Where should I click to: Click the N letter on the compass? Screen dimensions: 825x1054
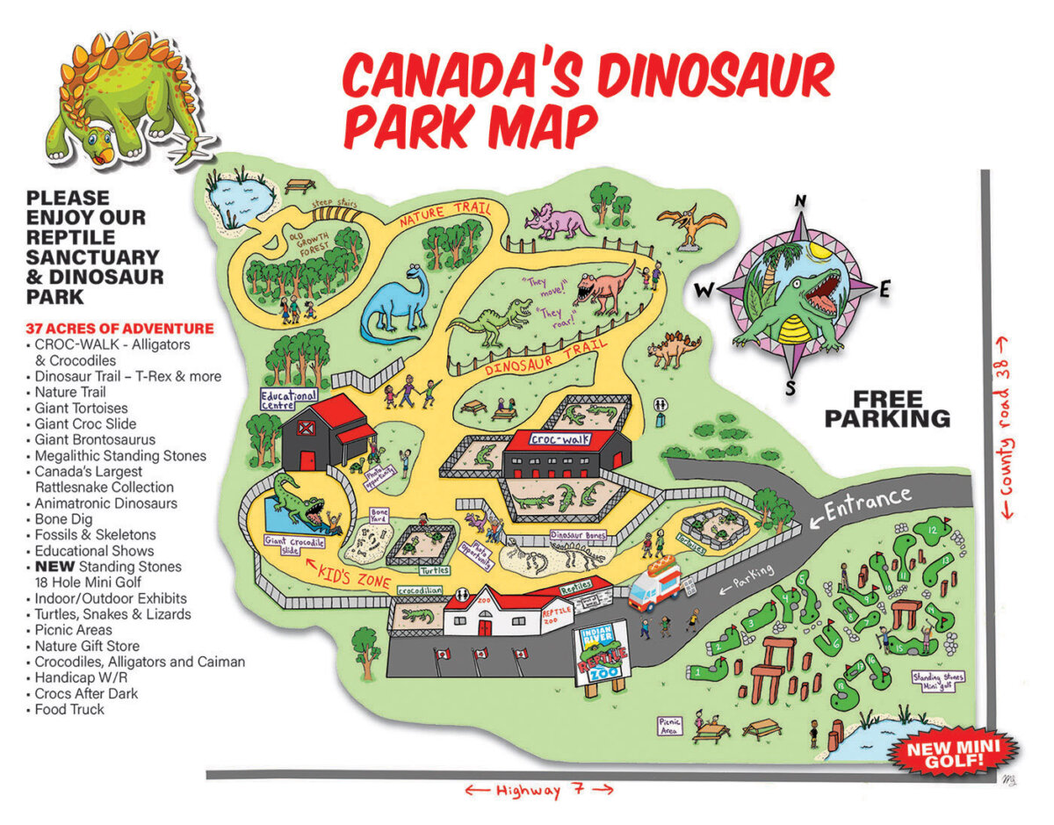coord(800,200)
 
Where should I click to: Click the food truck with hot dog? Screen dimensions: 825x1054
coord(656,583)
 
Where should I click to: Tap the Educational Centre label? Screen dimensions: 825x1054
coord(289,400)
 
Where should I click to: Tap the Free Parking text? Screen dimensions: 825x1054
coord(887,409)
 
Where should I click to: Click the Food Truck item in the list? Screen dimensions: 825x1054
coord(69,709)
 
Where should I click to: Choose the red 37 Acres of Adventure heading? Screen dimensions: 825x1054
coord(119,329)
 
